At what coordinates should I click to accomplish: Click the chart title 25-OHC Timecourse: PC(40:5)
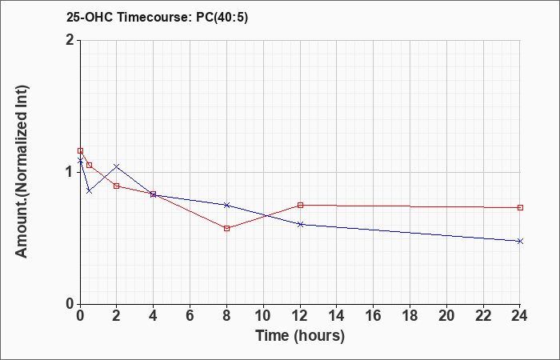[x=157, y=17]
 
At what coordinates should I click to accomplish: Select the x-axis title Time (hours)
[x=300, y=336]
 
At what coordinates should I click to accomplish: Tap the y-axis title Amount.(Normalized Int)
[x=22, y=171]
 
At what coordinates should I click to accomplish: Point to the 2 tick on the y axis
[x=71, y=40]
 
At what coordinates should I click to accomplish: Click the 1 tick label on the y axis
[x=71, y=172]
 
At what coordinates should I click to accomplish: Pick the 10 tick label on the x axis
[x=263, y=315]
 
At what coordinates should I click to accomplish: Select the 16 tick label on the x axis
[x=374, y=315]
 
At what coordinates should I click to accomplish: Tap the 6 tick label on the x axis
[x=190, y=315]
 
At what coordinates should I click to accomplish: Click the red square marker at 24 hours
[x=520, y=207]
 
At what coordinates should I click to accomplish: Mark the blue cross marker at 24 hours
[x=520, y=241]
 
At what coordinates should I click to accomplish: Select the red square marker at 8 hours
[x=226, y=228]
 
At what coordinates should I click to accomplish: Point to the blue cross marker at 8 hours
[x=226, y=205]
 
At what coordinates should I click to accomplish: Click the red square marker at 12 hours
[x=300, y=205]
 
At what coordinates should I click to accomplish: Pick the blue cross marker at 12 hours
[x=300, y=224]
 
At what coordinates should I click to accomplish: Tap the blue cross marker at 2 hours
[x=117, y=166]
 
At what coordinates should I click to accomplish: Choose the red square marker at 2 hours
[x=117, y=186]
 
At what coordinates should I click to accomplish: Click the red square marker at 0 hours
[x=80, y=150]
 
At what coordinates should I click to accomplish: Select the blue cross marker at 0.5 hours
[x=90, y=191]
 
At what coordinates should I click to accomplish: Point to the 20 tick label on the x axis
[x=446, y=315]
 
